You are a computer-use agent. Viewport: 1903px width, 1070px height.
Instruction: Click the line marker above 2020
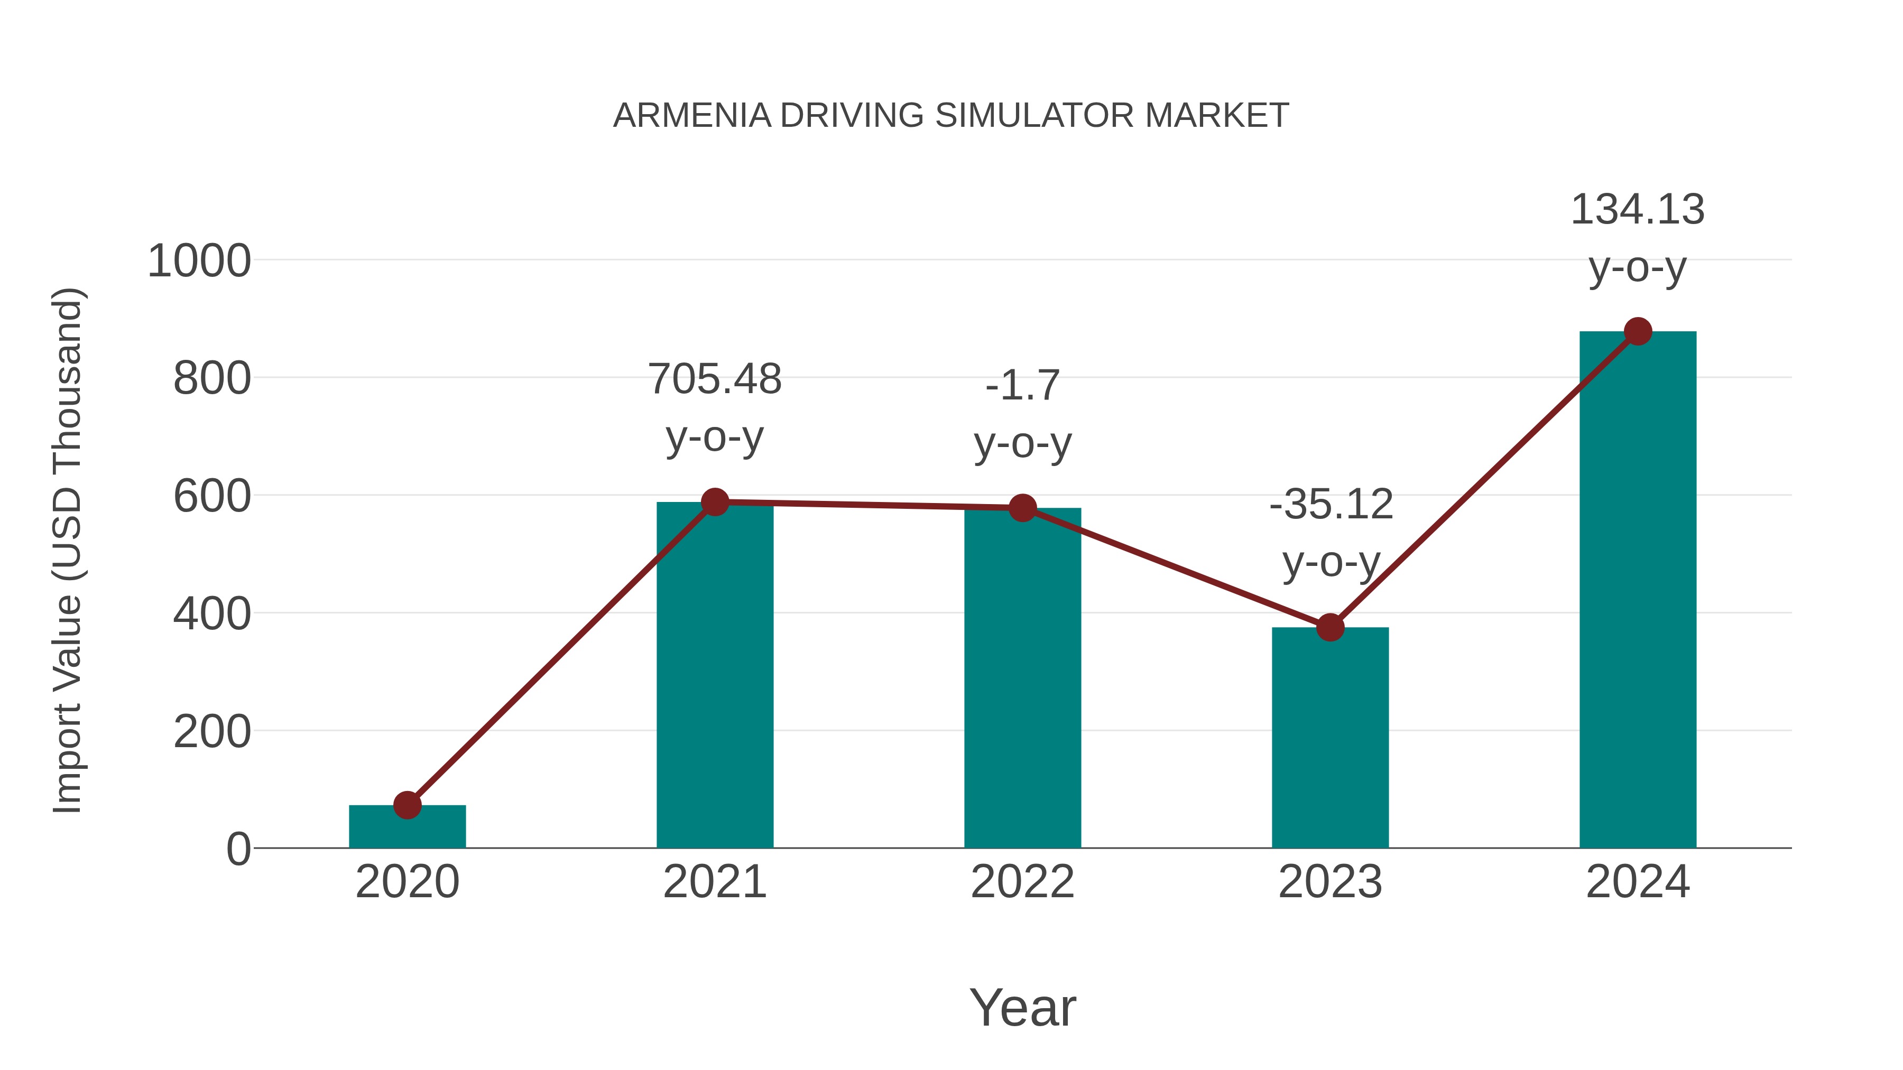(x=407, y=805)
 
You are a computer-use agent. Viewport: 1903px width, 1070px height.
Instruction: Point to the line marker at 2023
(x=1330, y=628)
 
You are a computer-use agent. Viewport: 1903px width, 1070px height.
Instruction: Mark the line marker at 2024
(x=1638, y=331)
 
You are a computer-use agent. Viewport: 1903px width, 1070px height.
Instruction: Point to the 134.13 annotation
(x=1638, y=238)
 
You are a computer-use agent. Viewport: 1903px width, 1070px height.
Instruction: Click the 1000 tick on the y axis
(x=199, y=262)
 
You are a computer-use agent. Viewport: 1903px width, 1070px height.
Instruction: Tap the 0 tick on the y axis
(x=238, y=849)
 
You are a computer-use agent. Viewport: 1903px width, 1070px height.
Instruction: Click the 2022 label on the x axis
(x=1022, y=882)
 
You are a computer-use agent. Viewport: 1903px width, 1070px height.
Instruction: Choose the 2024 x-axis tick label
(x=1638, y=882)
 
